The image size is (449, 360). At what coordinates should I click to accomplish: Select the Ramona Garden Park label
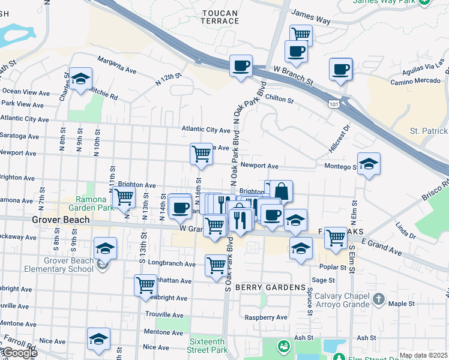point(94,204)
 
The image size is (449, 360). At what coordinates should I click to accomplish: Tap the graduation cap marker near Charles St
point(80,80)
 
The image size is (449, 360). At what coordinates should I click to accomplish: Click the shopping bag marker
point(281,191)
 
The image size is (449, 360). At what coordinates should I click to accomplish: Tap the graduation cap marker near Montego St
point(369,164)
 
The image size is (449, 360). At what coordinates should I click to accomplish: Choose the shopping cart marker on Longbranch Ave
point(216,265)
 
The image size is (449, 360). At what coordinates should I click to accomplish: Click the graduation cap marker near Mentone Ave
point(98,338)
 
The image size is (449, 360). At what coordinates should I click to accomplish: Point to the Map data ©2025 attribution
point(423,355)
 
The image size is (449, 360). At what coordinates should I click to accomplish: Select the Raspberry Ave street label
point(265,317)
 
